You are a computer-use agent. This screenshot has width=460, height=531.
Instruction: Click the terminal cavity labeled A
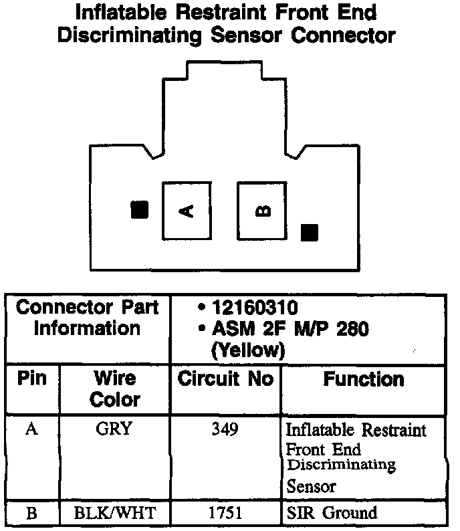187,211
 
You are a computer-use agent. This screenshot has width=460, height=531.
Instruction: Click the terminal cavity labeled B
262,211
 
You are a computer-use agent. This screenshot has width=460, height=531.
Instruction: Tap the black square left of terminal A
139,210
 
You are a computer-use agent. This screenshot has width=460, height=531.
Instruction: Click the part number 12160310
254,308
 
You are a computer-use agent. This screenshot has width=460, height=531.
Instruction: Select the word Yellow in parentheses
247,350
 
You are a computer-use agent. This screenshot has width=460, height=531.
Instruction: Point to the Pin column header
32,379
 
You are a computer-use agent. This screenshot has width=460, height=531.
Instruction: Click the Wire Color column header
115,389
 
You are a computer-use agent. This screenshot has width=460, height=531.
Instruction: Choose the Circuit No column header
225,379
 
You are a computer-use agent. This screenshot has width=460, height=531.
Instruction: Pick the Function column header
364,379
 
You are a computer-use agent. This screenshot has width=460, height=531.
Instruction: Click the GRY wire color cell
114,429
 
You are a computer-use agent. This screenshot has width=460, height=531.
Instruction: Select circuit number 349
225,429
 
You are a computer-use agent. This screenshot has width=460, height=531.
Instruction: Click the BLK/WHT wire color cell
114,514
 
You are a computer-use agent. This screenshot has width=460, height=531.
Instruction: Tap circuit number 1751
225,514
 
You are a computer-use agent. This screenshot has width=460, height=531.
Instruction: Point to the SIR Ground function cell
332,514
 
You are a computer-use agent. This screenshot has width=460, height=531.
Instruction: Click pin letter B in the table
31,514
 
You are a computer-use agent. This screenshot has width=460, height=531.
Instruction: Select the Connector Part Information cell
88,318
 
